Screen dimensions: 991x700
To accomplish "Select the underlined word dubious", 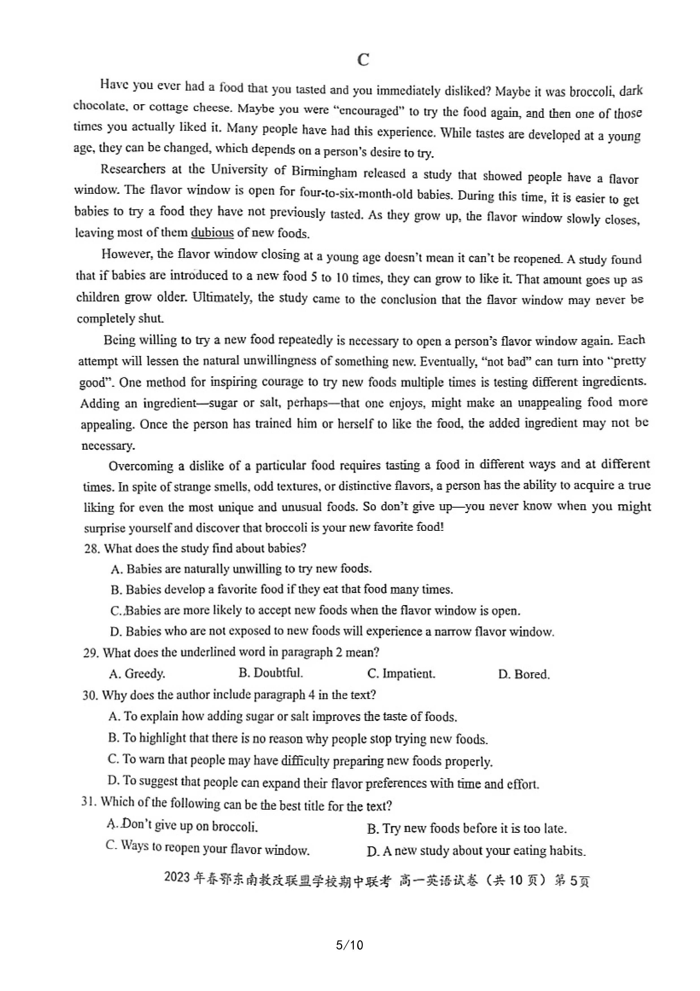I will pyautogui.click(x=212, y=233).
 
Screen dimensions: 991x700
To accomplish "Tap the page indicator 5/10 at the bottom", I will pyautogui.click(x=349, y=945).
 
